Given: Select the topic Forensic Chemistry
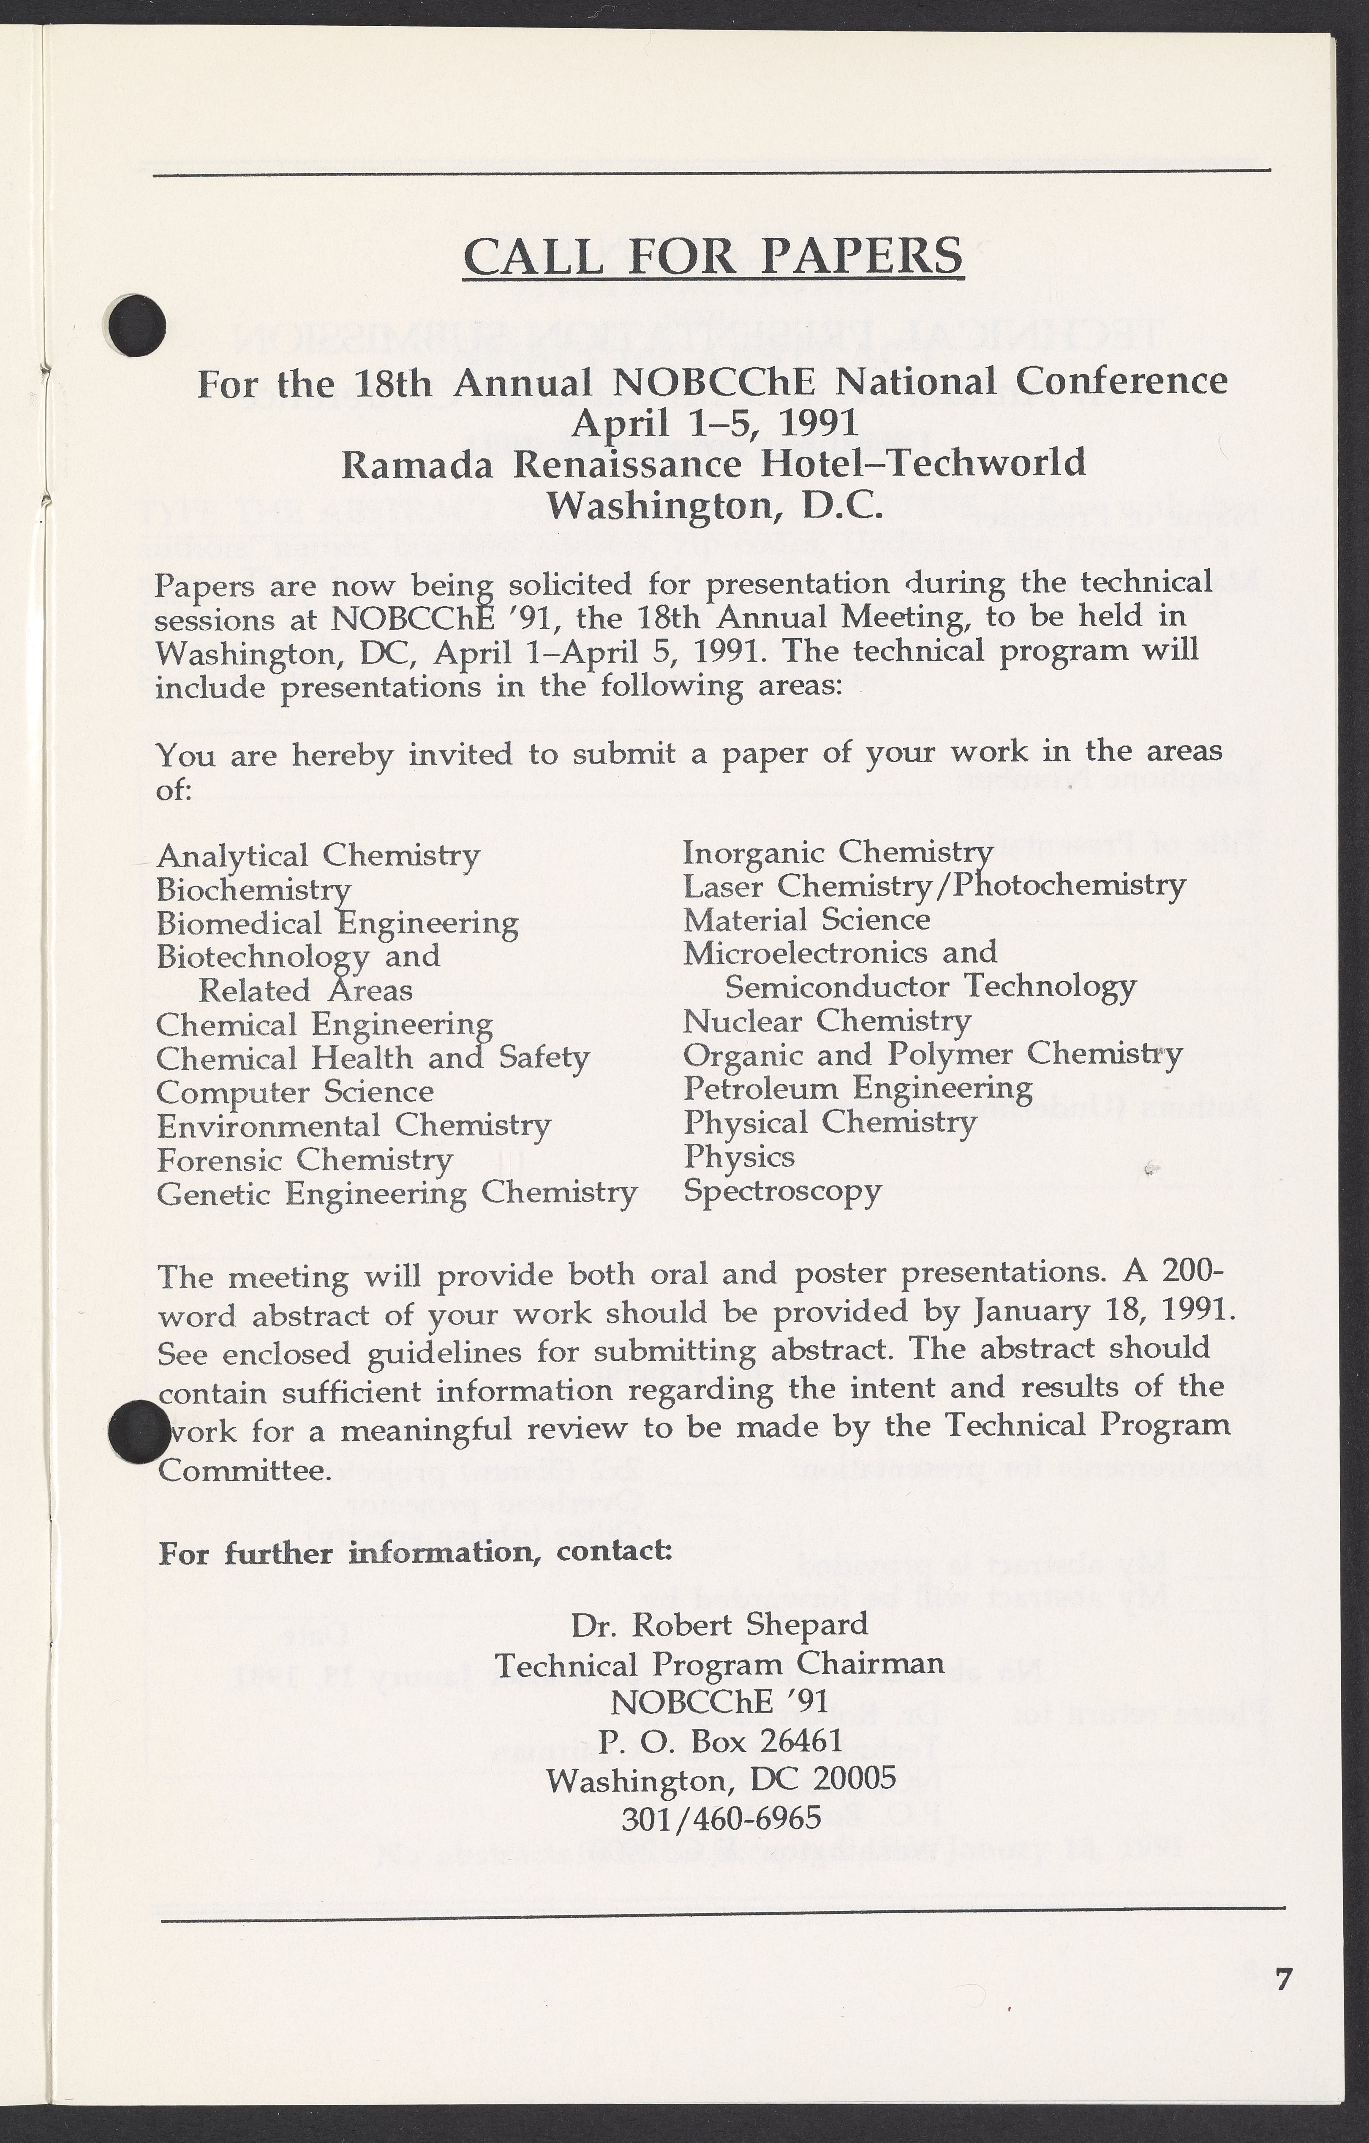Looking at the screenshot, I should [x=305, y=1160].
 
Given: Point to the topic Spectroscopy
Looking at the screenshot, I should [x=781, y=1191].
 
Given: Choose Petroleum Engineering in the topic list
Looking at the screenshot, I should [x=857, y=1088].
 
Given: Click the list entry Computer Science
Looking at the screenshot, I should [x=295, y=1092].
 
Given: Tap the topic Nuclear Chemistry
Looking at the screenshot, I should [x=826, y=1021].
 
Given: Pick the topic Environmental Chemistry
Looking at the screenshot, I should [x=354, y=1126].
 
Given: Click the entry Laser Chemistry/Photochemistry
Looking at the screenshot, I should [x=934, y=886].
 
